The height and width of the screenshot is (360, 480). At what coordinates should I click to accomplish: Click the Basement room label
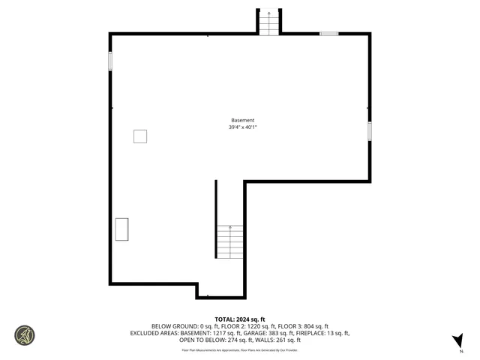(x=241, y=120)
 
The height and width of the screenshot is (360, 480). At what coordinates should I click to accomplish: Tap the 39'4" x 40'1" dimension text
(x=241, y=127)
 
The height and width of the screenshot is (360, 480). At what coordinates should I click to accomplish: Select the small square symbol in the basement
(x=140, y=136)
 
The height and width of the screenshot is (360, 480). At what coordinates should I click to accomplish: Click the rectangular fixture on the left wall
(x=121, y=229)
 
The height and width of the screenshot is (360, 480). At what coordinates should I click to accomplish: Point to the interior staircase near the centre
(x=230, y=241)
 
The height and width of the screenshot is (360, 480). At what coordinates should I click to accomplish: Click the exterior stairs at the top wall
(x=269, y=22)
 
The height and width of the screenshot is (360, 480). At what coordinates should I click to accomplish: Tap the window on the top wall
(x=328, y=33)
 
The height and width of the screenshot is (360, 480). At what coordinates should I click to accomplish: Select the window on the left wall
(x=110, y=61)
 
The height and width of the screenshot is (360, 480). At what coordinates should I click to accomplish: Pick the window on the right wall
(x=369, y=130)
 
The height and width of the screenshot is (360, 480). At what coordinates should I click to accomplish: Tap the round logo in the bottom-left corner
(x=25, y=334)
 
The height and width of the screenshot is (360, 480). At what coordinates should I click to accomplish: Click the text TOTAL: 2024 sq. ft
(x=240, y=319)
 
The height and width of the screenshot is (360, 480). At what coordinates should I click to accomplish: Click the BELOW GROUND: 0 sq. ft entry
(x=177, y=326)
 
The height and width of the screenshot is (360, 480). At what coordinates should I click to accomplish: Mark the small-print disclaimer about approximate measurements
(x=240, y=349)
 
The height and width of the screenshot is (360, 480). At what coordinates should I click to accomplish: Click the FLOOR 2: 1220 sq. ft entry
(x=240, y=326)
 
